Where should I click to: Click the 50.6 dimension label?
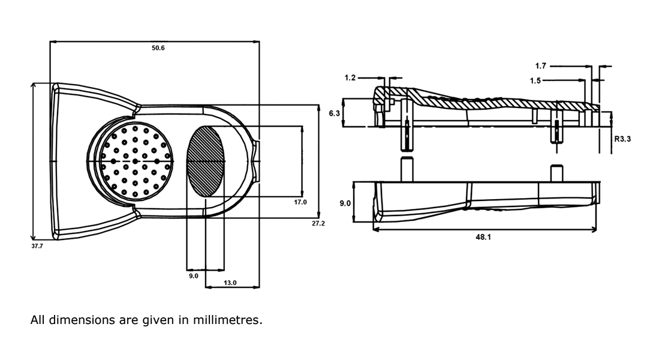pos(158,48)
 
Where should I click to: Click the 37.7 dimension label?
pos(37,246)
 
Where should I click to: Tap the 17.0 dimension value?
pos(300,203)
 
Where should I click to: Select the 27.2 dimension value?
pos(318,223)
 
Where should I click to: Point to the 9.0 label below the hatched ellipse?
pos(194,276)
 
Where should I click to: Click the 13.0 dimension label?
pos(230,283)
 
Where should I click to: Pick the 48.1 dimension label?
pos(483,238)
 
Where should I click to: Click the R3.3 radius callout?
pos(622,139)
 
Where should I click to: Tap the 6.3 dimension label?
pos(334,113)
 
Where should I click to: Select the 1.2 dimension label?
pos(350,77)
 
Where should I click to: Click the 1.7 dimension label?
pos(540,66)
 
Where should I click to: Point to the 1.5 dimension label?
pos(535,80)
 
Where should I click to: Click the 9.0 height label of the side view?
pos(345,203)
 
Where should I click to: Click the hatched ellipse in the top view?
pos(206,161)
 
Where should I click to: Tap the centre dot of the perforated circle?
pos(136,161)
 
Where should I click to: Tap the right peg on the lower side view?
pos(557,173)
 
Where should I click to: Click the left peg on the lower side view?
pos(407,169)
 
